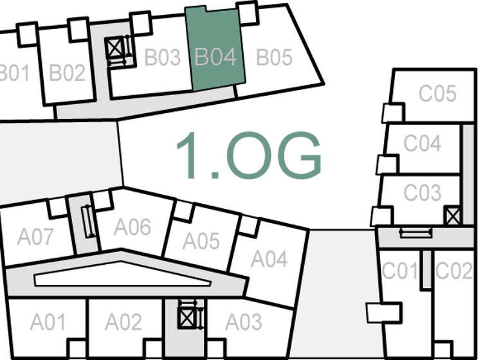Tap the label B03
pyautogui.click(x=162, y=57)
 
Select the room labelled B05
pyautogui.click(x=274, y=57)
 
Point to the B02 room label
pyautogui.click(x=67, y=73)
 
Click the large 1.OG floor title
pyautogui.click(x=248, y=156)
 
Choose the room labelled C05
pyautogui.click(x=437, y=94)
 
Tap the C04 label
pyautogui.click(x=422, y=143)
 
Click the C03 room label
pyautogui.click(x=422, y=192)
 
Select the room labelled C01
pyautogui.click(x=400, y=271)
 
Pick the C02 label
pyautogui.click(x=453, y=271)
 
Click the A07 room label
pyautogui.click(x=35, y=237)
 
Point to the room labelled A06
pyautogui.click(x=133, y=226)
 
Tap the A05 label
pyautogui.click(x=201, y=241)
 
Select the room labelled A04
pyautogui.click(x=269, y=258)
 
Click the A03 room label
pyautogui.click(x=243, y=321)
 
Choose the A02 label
pyautogui.click(x=123, y=321)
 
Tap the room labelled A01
pyautogui.click(x=48, y=321)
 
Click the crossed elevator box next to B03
pyautogui.click(x=116, y=47)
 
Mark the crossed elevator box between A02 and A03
pyautogui.click(x=187, y=317)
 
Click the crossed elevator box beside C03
pyautogui.click(x=453, y=215)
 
